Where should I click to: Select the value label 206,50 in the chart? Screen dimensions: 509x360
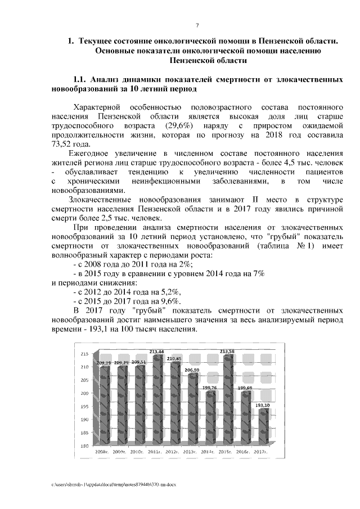point(193,370)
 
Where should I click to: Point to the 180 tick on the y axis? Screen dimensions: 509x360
point(84,446)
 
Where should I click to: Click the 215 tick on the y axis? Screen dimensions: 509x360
point(84,354)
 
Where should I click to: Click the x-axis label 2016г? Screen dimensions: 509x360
point(241,451)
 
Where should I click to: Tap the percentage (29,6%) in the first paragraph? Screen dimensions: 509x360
point(180,125)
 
